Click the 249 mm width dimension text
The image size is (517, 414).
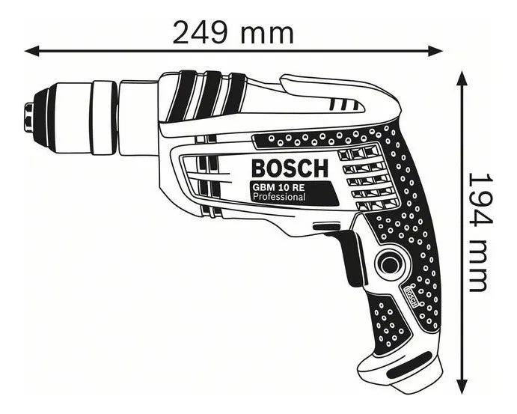tap(233, 32)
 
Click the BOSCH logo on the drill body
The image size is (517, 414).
tap(289, 166)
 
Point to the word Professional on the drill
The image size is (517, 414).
tap(278, 197)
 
